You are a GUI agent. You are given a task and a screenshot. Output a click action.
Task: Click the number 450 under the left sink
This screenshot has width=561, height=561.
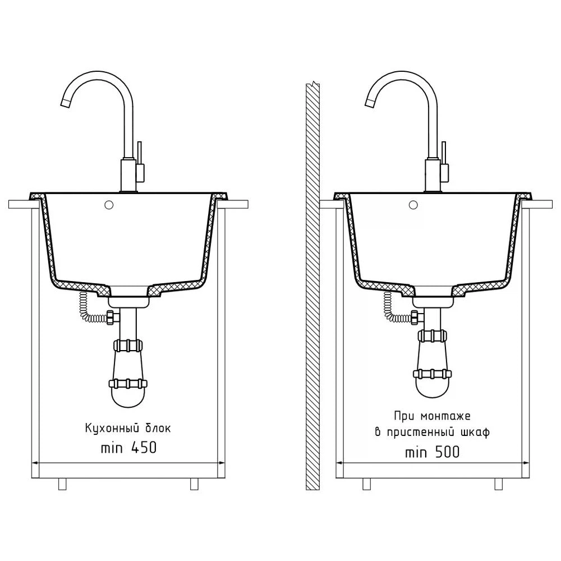pos(144,447)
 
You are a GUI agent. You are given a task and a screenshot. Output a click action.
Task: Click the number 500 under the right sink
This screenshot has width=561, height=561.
pos(447,452)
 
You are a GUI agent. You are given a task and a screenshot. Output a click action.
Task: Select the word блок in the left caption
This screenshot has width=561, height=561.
pos(158,427)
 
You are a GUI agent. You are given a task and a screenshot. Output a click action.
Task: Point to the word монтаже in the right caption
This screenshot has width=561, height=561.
pos(445,416)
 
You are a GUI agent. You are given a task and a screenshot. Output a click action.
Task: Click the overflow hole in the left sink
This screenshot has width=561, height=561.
pos(109,205)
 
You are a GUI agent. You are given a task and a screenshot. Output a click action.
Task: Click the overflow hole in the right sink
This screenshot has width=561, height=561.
pos(413,205)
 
